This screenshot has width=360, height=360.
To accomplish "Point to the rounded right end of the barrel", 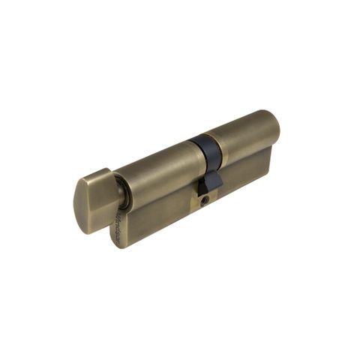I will point(274,127).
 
